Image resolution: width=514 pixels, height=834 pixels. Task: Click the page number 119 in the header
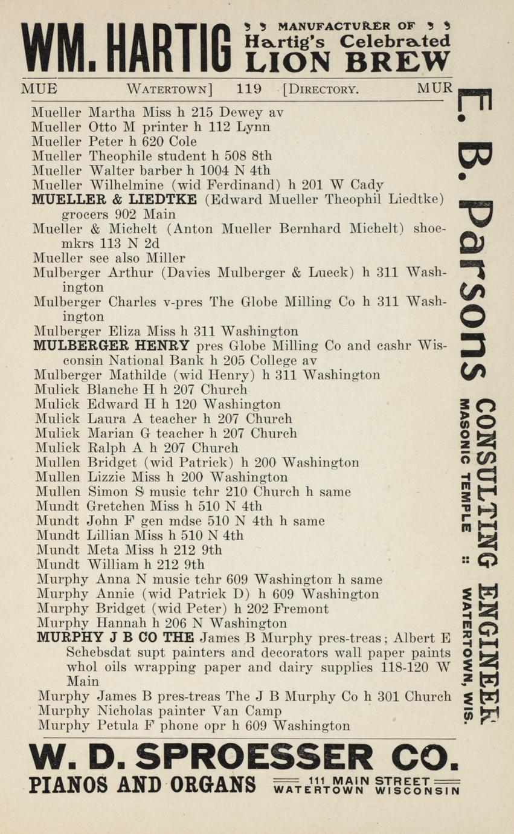click(x=249, y=89)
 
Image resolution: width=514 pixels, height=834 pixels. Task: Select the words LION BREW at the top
click(x=347, y=62)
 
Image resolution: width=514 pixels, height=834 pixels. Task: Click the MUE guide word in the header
click(x=39, y=89)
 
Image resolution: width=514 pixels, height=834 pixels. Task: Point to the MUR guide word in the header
click(x=434, y=89)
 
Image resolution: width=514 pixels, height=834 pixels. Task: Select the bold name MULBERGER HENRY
click(x=112, y=346)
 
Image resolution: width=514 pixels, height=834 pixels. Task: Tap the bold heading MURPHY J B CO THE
click(x=115, y=638)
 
